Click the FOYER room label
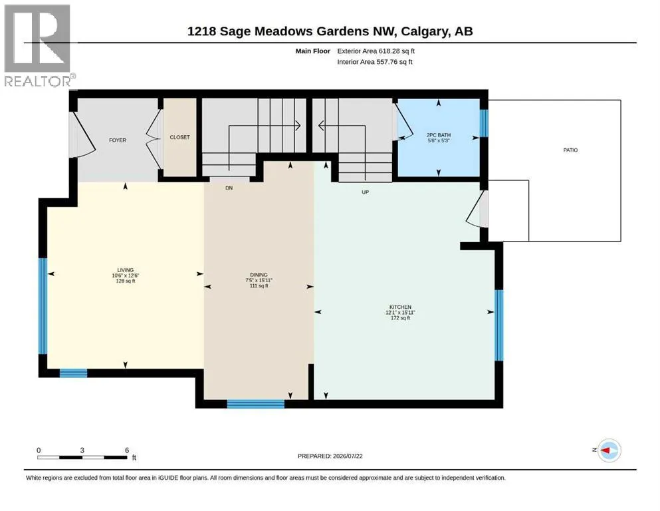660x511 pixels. coord(118,140)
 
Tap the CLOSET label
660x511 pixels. coord(179,137)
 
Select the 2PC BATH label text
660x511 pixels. coord(439,135)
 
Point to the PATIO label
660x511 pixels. coord(570,150)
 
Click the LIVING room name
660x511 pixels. coord(126,270)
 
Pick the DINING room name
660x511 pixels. coord(259,275)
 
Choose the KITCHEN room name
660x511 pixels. coord(400,307)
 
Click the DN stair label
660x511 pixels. coord(229,188)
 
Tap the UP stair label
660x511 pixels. coord(366,192)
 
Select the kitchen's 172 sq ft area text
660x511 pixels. coord(400,318)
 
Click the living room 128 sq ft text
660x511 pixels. coord(126,281)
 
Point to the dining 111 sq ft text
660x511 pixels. coord(259,285)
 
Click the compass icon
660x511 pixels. coord(609,450)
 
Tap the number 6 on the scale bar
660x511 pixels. coord(127,450)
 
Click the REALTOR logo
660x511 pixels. coord(38,45)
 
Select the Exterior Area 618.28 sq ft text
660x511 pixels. coord(376,51)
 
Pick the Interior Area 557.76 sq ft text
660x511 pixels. coord(375,62)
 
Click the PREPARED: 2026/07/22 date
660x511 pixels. coord(330,456)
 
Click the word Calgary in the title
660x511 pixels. coord(425,31)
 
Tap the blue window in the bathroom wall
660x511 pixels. coord(484,123)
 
